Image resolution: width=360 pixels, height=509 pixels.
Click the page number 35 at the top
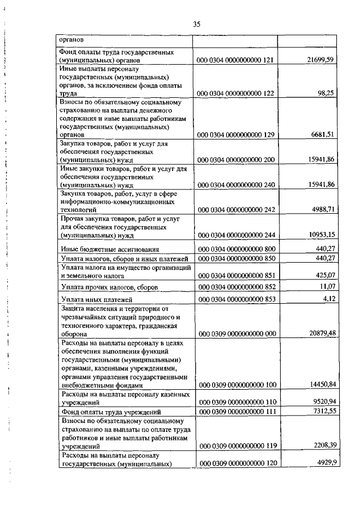196,24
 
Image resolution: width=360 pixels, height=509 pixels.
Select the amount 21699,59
320,60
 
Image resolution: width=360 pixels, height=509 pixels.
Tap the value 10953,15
320,234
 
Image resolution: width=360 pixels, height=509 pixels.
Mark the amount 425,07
324,276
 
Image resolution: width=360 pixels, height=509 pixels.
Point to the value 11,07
326,287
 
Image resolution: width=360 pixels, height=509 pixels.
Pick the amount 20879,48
320,333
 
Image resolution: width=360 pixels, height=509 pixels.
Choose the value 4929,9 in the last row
324,462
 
